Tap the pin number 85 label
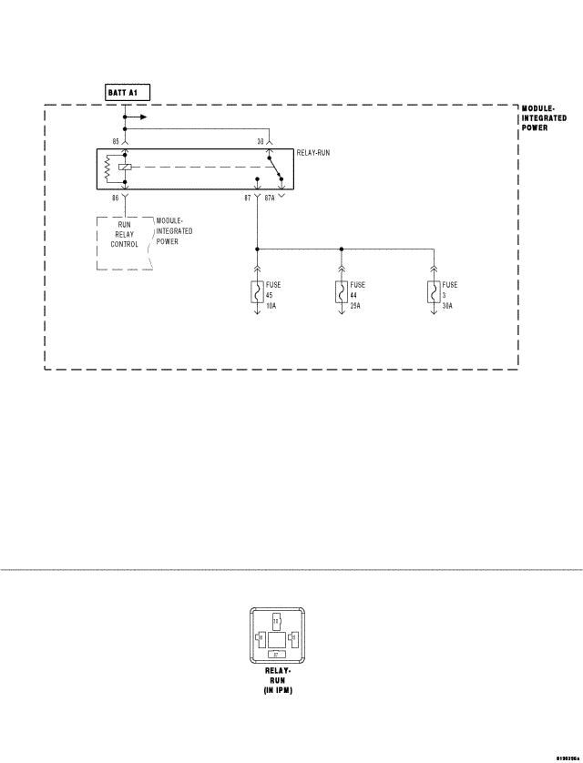point(115,141)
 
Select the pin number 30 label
point(261,141)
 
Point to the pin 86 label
point(115,197)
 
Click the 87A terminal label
point(270,197)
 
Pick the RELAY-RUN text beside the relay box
point(312,153)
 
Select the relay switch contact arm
point(273,168)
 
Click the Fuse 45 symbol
point(257,293)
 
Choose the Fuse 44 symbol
point(342,293)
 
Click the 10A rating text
point(271,306)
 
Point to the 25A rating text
point(355,306)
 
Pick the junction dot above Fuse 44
point(342,248)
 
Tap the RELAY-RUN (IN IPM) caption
point(279,680)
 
